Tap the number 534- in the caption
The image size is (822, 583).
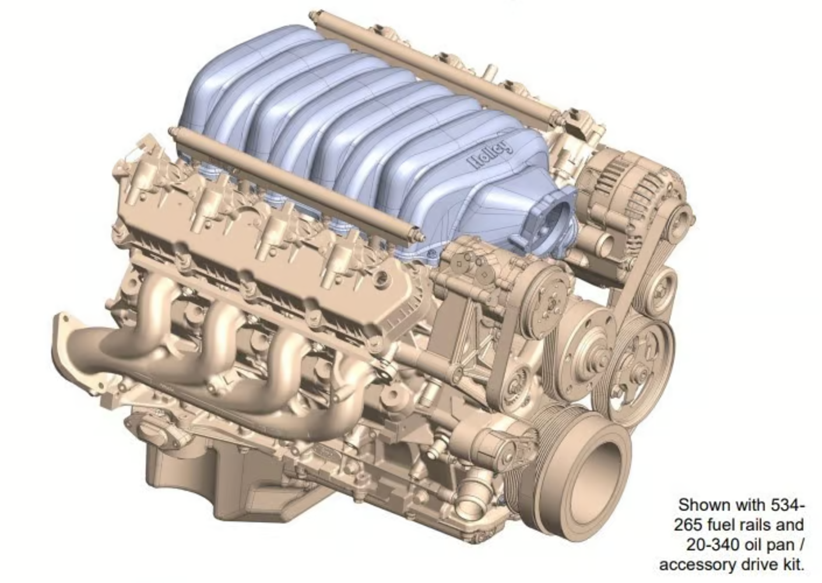(x=786, y=505)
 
